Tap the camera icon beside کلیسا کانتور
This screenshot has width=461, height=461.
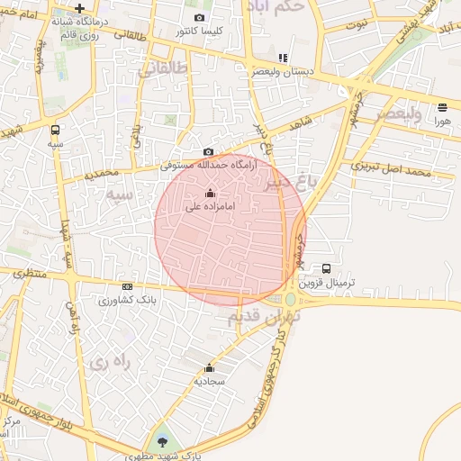pos(199,17)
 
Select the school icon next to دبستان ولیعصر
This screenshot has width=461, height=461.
pos(283,58)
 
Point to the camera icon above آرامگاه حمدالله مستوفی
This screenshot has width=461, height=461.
pos(209,151)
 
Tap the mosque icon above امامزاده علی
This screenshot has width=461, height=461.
pos(210,193)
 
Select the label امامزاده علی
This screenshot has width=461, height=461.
pos(210,206)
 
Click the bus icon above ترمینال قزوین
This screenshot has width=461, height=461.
pos(326,267)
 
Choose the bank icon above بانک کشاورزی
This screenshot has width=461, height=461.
pos(127,286)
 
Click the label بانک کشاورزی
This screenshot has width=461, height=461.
pos(126,299)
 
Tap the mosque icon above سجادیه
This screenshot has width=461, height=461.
pos(209,367)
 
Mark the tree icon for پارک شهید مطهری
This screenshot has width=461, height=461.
pos(162,440)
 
